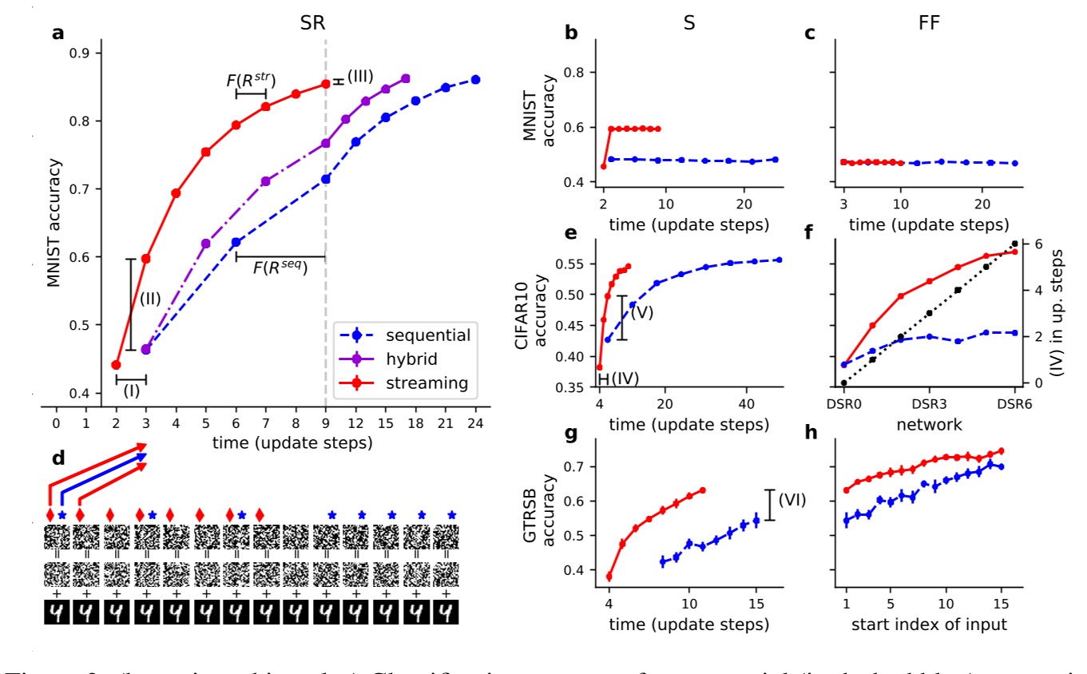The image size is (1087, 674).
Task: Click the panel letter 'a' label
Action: (x=58, y=34)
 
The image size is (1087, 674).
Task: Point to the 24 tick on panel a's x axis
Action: (x=475, y=422)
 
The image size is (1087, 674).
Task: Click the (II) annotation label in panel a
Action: (x=151, y=300)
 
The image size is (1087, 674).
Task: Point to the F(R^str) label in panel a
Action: (x=250, y=80)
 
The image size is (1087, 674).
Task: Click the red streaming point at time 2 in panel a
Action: (x=116, y=365)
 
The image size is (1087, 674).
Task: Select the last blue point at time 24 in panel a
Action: (x=475, y=80)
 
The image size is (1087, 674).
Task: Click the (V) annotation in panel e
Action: (x=642, y=312)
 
